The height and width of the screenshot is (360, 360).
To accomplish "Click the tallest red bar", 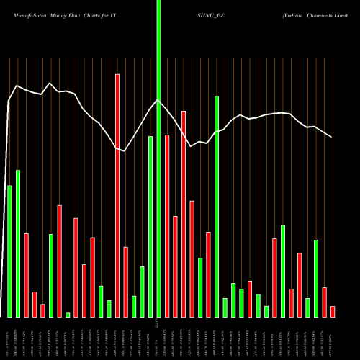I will coord(117,195).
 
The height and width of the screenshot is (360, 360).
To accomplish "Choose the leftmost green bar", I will coord(9,251).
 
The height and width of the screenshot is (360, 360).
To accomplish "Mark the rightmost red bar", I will coord(332,311).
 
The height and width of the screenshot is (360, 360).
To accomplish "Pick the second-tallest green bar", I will coord(217,206).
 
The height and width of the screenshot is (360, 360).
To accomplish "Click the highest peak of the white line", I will coord(49,84).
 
